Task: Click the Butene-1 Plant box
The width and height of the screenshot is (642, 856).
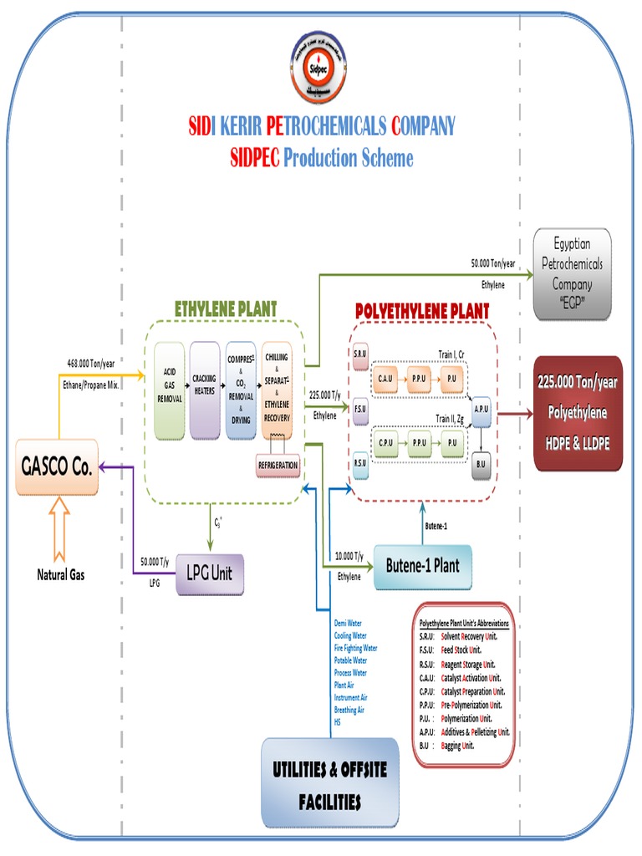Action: click(423, 566)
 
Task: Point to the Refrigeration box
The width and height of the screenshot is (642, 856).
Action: click(276, 466)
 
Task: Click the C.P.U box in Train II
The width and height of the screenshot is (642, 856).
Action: click(386, 442)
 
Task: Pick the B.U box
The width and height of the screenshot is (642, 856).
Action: click(480, 465)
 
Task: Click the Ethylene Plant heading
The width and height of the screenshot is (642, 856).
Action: click(225, 308)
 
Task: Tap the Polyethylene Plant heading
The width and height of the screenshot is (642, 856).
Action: click(422, 311)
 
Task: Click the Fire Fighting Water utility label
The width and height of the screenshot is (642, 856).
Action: click(355, 648)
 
